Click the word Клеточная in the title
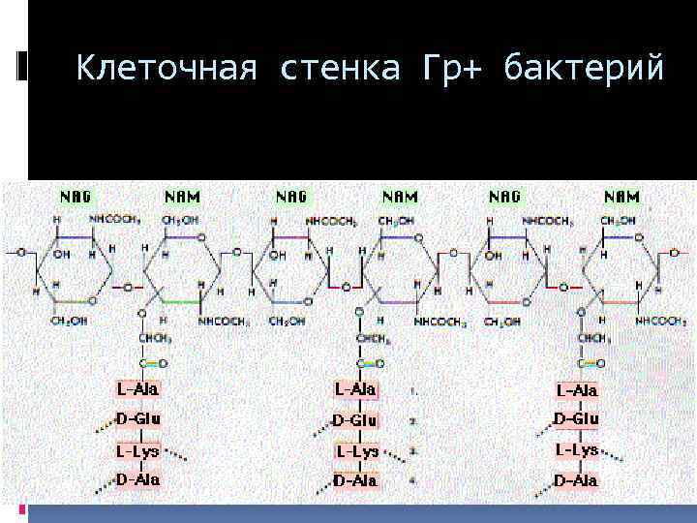point(166,69)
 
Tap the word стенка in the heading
point(337,69)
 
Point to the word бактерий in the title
point(584,69)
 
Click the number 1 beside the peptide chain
point(413,392)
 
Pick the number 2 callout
point(413,422)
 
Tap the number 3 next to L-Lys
point(413,451)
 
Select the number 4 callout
point(413,479)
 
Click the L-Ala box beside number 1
point(355,389)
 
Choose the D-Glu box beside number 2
point(355,420)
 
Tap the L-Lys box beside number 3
point(357,451)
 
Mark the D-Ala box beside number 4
point(355,480)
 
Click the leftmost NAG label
point(76,197)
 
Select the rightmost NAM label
point(621,197)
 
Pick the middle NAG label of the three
point(291,197)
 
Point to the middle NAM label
point(400,197)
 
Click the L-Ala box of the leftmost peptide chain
point(138,388)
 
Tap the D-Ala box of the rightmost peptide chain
point(576,480)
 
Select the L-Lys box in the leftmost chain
point(138,450)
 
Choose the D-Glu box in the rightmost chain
point(576,419)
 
